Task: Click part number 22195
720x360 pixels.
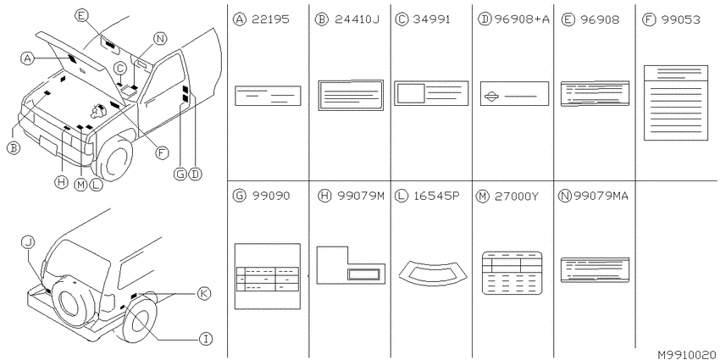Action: tap(270, 19)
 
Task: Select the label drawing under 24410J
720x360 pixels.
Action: tap(351, 95)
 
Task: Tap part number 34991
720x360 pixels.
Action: tap(431, 19)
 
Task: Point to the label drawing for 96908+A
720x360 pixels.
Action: tap(514, 94)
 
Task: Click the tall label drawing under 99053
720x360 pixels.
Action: tap(675, 102)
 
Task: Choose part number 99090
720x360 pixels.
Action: tap(271, 196)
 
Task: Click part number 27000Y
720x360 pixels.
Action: tap(517, 197)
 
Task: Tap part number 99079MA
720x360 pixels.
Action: tap(601, 196)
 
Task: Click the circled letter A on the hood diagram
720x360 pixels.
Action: tap(28, 58)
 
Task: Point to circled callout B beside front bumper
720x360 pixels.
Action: tap(14, 147)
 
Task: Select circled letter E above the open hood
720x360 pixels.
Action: tap(80, 16)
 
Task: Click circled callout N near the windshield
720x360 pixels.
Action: tap(159, 39)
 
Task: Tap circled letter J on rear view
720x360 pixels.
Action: tap(28, 243)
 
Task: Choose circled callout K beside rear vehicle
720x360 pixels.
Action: tap(203, 293)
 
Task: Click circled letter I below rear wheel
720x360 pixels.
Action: tap(205, 340)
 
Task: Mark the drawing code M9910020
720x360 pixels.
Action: tap(686, 355)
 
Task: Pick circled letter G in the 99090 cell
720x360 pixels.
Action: tap(239, 196)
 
